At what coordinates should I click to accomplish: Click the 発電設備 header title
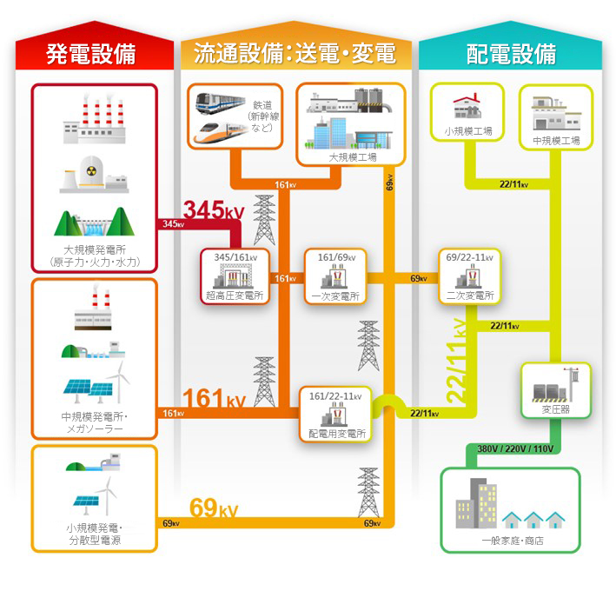pyautogui.click(x=91, y=54)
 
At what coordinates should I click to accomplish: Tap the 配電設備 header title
pyautogui.click(x=511, y=54)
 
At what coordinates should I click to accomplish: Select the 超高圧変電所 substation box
pyautogui.click(x=235, y=276)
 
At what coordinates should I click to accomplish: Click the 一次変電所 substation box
pyautogui.click(x=336, y=276)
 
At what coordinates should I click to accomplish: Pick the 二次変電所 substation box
pyautogui.click(x=470, y=276)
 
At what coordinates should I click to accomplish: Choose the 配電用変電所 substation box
pyautogui.click(x=336, y=415)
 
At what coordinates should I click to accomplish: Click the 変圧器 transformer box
pyautogui.click(x=556, y=390)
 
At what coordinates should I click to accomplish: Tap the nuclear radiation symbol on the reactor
pyautogui.click(x=91, y=171)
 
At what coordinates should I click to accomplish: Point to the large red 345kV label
pyautogui.click(x=214, y=209)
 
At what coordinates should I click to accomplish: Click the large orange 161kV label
pyautogui.click(x=214, y=398)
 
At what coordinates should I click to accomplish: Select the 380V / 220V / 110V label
pyautogui.click(x=515, y=448)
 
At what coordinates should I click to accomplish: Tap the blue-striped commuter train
pyautogui.click(x=221, y=103)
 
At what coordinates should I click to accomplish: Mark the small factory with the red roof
pyautogui.click(x=467, y=106)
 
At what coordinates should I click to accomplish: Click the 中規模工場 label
pyautogui.click(x=556, y=141)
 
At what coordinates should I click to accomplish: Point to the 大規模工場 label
pyautogui.click(x=353, y=157)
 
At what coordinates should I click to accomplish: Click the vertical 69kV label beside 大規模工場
pyautogui.click(x=389, y=183)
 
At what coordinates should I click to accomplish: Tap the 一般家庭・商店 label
pyautogui.click(x=513, y=541)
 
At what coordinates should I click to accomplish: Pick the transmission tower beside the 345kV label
pyautogui.click(x=264, y=220)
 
